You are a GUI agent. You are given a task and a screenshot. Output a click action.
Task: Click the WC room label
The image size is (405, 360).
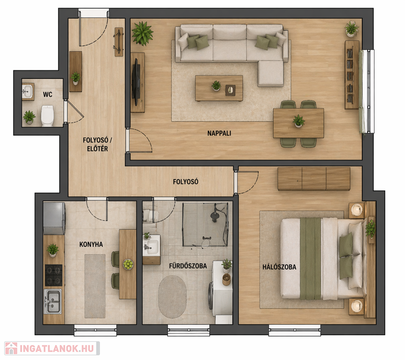pyautogui.click(x=47, y=94)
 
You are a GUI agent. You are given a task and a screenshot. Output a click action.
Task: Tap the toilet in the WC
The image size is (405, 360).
pyautogui.click(x=47, y=116)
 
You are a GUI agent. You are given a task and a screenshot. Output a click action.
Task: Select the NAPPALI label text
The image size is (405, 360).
pyautogui.click(x=219, y=133)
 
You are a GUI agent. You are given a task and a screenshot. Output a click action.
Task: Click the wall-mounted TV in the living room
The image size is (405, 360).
pyautogui.click(x=136, y=82)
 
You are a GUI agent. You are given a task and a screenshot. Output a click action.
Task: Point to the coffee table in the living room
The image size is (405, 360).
pyautogui.click(x=219, y=88)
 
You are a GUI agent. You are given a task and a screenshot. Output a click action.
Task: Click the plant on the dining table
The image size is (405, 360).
pyautogui.click(x=298, y=121)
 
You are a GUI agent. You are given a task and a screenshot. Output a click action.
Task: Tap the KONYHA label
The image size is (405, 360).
pyautogui.click(x=91, y=244)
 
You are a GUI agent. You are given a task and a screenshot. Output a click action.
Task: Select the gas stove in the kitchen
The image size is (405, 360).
pyautogui.click(x=53, y=275)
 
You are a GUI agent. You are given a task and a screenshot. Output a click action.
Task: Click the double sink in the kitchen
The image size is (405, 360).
pyautogui.click(x=53, y=301)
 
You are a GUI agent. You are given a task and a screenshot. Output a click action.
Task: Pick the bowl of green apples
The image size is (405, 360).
pyautogui.click(x=128, y=264)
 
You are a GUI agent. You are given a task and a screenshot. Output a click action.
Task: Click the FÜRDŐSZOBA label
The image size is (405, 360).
pyautogui.click(x=188, y=266)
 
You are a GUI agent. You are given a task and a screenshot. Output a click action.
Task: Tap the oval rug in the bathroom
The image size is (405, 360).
pyautogui.click(x=172, y=297)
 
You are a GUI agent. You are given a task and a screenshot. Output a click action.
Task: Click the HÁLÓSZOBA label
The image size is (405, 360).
pyautogui.click(x=279, y=267)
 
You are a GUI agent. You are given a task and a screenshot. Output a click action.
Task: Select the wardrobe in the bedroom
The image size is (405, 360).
pyautogui.click(x=314, y=179)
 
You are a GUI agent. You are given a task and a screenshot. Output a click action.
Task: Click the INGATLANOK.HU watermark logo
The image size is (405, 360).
pyautogui.click(x=52, y=348)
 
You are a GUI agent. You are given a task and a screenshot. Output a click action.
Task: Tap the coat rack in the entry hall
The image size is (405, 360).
pyautogui.click(x=119, y=42)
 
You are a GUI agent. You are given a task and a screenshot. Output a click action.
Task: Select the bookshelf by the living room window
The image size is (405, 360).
pyautogui.click(x=352, y=75)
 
